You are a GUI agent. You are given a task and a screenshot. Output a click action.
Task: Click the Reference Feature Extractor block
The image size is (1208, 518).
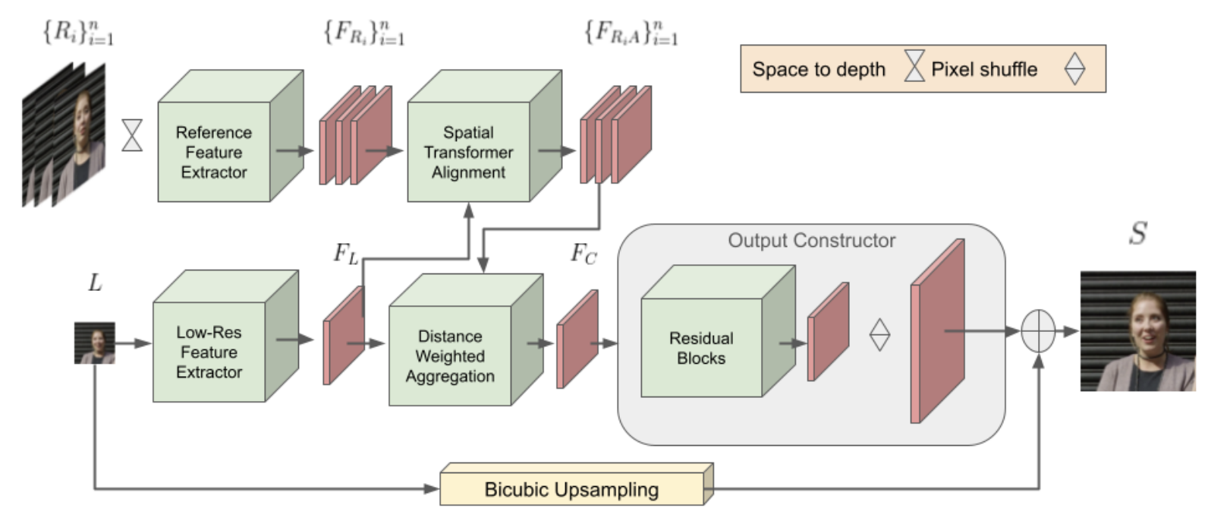tap(214, 152)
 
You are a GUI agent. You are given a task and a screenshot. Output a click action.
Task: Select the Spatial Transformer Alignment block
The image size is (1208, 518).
tap(468, 152)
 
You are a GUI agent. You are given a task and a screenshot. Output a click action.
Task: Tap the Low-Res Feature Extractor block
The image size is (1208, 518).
tap(209, 352)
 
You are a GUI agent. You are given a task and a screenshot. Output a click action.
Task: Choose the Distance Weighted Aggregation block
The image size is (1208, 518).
tap(449, 355)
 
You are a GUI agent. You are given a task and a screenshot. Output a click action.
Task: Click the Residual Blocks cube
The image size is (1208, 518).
tap(701, 348)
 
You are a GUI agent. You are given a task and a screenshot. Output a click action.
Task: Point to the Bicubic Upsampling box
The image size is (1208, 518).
tap(571, 489)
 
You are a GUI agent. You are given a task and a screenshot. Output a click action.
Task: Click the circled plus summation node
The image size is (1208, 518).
tap(1038, 332)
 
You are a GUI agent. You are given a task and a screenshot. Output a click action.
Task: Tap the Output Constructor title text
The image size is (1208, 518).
tap(811, 241)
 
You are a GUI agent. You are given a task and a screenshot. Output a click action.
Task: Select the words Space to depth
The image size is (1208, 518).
tap(819, 69)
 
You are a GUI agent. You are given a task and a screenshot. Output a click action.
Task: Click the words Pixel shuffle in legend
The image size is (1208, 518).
tap(983, 69)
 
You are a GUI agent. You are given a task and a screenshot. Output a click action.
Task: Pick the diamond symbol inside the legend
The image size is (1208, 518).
tap(1074, 69)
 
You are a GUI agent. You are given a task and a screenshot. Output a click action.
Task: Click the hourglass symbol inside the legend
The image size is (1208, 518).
tap(914, 68)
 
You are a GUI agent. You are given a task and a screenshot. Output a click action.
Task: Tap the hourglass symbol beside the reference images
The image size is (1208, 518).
tap(132, 135)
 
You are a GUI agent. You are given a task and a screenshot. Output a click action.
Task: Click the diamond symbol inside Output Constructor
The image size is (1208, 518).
tap(879, 334)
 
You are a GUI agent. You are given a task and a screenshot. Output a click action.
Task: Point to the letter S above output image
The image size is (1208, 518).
tap(1137, 233)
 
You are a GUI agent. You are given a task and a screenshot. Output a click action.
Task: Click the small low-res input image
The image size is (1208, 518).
tap(95, 343)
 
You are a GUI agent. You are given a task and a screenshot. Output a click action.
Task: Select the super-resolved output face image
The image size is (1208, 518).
tap(1137, 331)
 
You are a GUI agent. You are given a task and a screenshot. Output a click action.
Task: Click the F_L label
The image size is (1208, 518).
tap(346, 254)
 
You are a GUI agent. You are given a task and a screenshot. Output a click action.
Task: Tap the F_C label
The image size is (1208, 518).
tap(584, 254)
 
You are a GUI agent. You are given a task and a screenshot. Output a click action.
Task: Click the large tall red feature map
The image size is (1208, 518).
tap(938, 332)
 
